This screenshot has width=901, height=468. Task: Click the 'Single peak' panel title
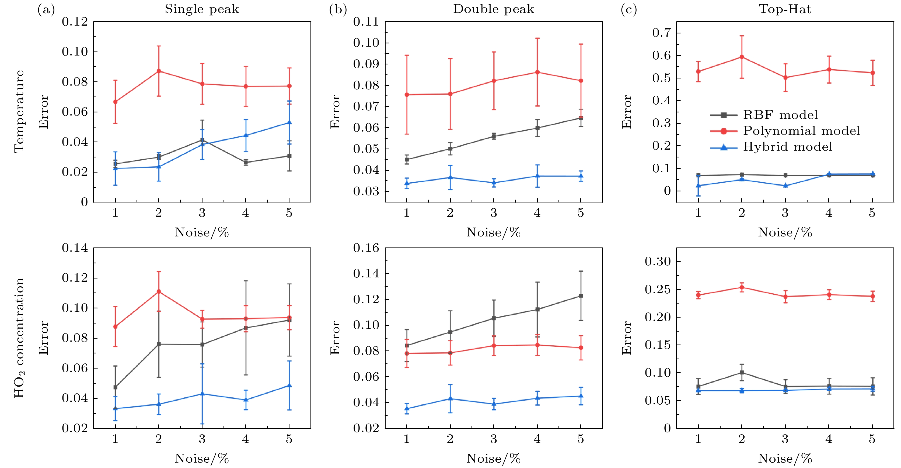coord(202,9)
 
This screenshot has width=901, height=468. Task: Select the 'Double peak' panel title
coord(494,9)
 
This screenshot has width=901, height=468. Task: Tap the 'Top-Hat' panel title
coord(785,9)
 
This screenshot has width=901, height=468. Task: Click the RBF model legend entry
coord(780,115)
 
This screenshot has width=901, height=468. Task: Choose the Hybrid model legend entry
coord(787,147)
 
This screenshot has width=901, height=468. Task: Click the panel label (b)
coord(338,10)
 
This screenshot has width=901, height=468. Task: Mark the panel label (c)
coord(629,10)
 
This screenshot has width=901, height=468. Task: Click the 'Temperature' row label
coord(19,111)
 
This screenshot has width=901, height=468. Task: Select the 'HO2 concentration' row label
coord(19,338)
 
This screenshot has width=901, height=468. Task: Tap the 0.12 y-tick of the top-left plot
coord(75,22)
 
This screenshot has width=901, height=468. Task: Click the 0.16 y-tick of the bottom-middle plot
coord(366,248)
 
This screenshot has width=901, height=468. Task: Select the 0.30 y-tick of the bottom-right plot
coord(658,261)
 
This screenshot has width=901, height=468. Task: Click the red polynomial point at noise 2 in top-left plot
coord(159,71)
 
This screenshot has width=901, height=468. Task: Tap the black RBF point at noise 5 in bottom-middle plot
coord(581,296)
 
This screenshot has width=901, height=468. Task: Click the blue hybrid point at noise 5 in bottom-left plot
coord(289,386)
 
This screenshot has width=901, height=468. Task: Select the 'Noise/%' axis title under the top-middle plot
coord(494,232)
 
